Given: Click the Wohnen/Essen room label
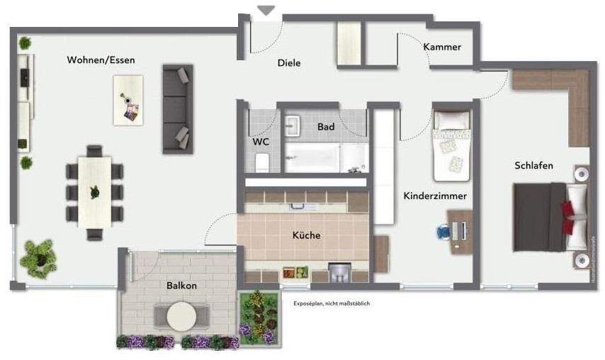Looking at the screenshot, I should pos(101,60).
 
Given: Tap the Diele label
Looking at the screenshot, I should pos(288,63).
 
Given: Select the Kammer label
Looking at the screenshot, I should pos(442,47).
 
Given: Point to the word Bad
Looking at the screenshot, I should pos(326,127).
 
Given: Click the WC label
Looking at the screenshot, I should pos(261,142).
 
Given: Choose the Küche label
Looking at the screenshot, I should pos(306,235).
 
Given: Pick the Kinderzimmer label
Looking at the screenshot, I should pos(435,196).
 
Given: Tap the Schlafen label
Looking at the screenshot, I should pos(533,166).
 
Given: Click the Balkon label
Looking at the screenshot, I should pos(181,286).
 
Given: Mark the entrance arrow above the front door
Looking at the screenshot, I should pos(266,11).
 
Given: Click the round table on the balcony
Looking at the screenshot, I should pos(182,316).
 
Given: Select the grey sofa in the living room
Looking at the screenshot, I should pos(177,108).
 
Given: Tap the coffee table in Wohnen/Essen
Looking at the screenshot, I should pos(128,100).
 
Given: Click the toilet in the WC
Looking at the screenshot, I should pos(261,162).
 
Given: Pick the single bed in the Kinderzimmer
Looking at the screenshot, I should pos(451,145).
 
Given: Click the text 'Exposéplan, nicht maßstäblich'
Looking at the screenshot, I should pos(332,303).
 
